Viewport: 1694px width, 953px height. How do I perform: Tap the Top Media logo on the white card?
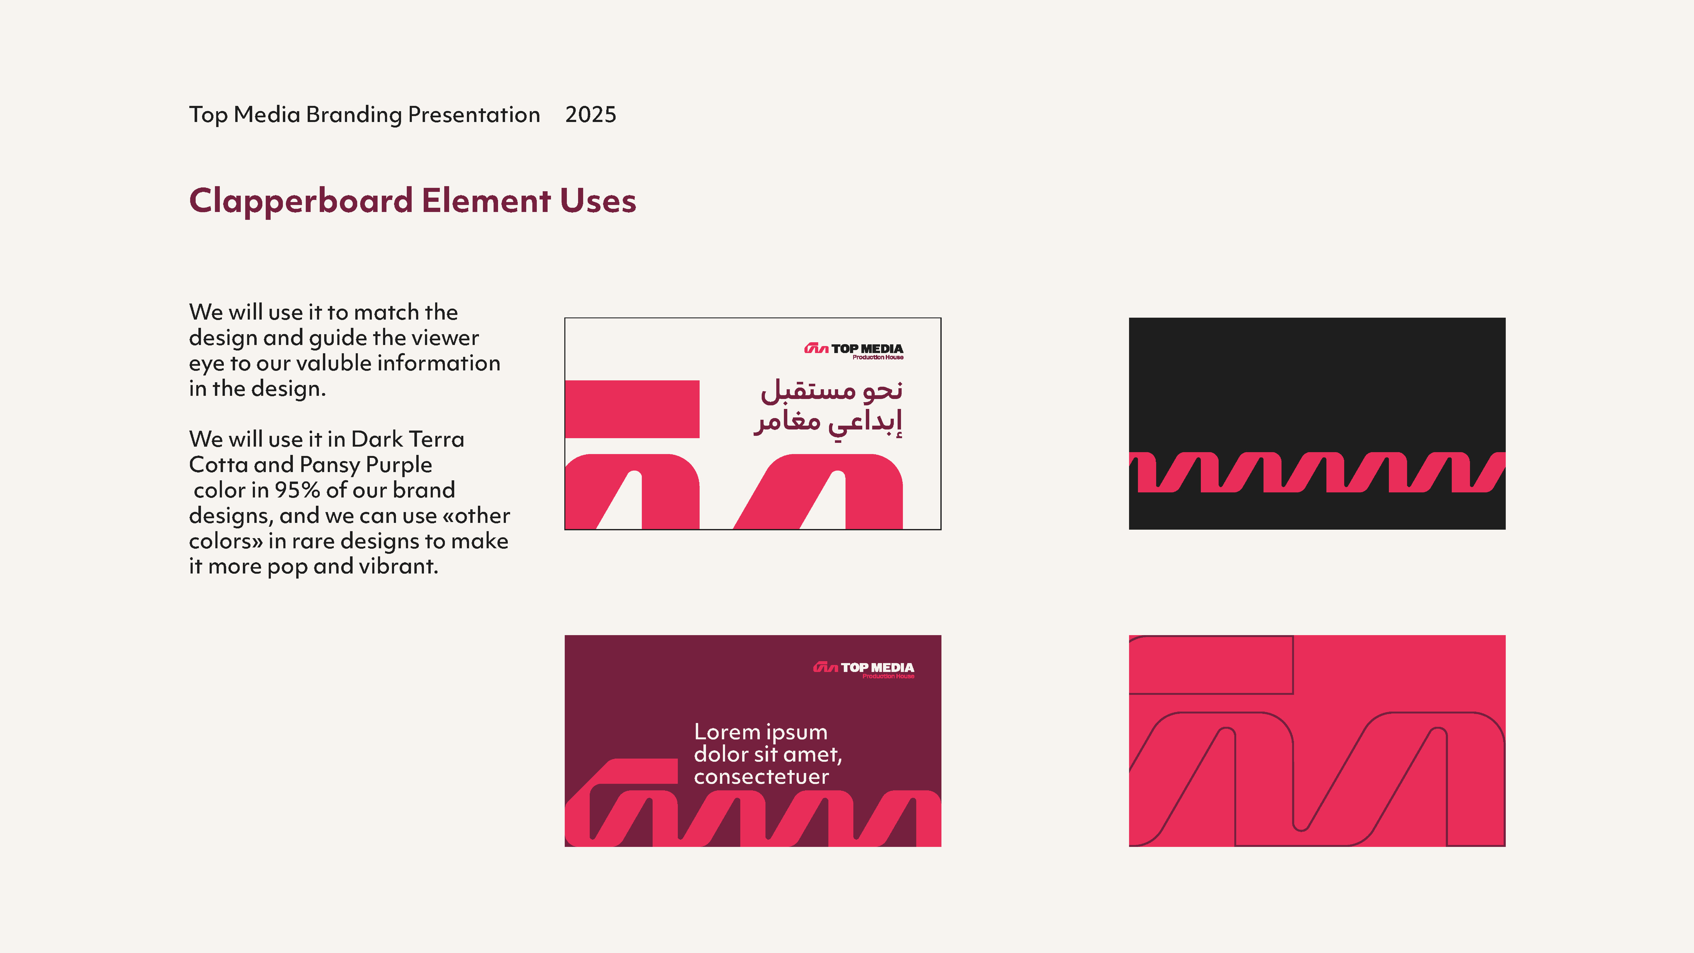pyautogui.click(x=854, y=350)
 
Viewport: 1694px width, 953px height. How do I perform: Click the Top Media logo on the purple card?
pyautogui.click(x=864, y=669)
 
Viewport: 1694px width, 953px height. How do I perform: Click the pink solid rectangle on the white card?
pyautogui.click(x=632, y=409)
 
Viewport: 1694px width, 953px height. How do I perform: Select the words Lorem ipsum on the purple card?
pyautogui.click(x=760, y=732)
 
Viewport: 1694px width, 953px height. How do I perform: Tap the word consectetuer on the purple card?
pyautogui.click(x=761, y=777)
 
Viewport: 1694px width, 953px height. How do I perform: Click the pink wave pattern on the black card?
pyautogui.click(x=1317, y=472)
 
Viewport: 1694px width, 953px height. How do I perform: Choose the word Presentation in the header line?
pyautogui.click(x=473, y=115)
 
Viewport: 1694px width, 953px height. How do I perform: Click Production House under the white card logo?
pyautogui.click(x=878, y=357)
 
